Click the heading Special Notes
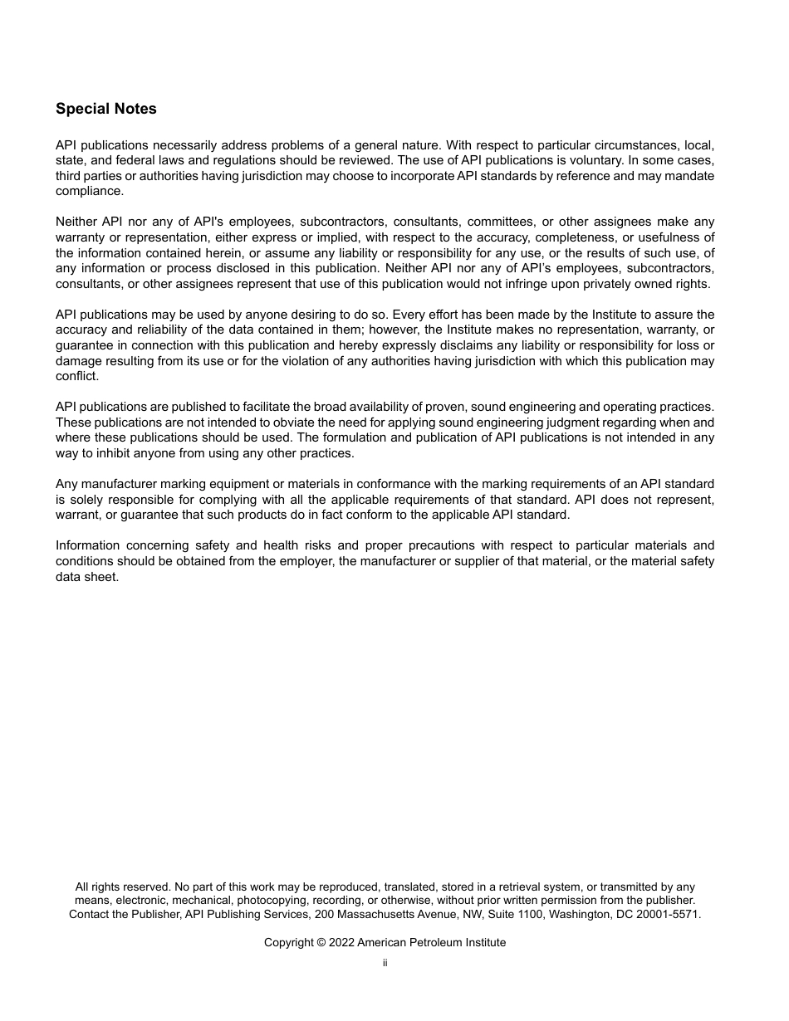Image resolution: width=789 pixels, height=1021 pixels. coord(105,109)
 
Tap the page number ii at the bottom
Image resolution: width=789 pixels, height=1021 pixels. coord(385,963)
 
